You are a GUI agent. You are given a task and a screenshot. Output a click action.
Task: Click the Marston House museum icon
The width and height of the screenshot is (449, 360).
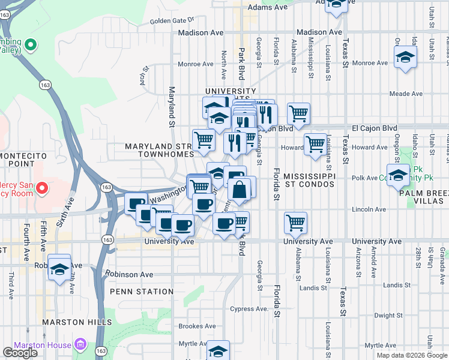coord(80,345)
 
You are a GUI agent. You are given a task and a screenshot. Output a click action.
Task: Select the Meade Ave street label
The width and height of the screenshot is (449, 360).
coord(406,94)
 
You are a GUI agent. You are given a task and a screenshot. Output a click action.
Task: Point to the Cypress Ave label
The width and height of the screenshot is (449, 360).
coord(248,309)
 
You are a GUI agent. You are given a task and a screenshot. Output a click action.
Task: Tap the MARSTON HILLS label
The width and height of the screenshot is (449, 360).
coord(77,322)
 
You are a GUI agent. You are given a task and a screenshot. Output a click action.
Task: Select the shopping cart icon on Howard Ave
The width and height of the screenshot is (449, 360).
coord(315,144)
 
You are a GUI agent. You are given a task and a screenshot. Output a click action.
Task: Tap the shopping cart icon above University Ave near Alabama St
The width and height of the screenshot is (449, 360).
coord(295,223)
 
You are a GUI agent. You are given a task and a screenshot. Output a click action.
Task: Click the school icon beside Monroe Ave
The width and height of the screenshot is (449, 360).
coord(406,58)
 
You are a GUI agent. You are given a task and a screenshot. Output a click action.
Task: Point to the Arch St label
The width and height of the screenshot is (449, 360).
coord(144,75)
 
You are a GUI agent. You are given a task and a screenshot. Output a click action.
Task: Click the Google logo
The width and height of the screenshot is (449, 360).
coord(20,353)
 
